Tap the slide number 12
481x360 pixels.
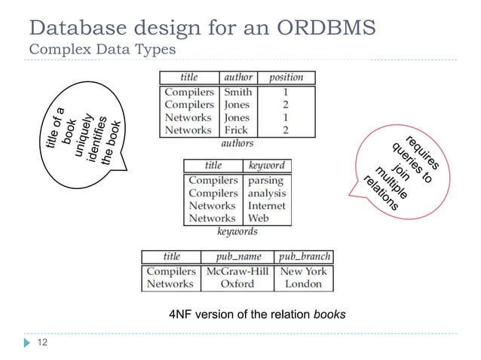[42, 343]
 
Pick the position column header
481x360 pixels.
[286, 77]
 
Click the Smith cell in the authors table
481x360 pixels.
[237, 93]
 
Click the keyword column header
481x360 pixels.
[267, 165]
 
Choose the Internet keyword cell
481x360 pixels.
[267, 206]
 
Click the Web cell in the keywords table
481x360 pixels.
[259, 218]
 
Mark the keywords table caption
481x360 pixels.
[237, 231]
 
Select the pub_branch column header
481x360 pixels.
[304, 256]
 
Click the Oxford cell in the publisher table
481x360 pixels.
[237, 284]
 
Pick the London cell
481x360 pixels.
[303, 284]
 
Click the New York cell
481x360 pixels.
[303, 271]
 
